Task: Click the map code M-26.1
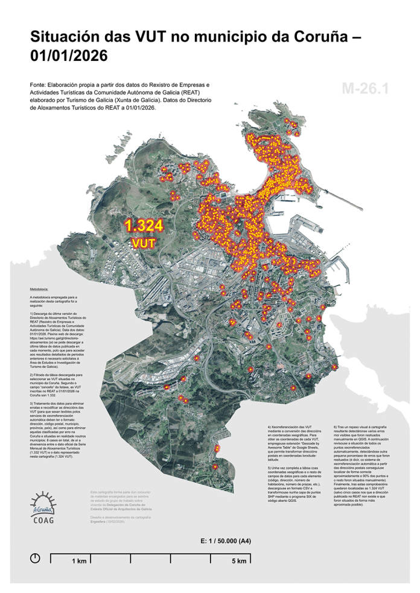[365, 88]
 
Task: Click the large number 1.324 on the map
[144, 226]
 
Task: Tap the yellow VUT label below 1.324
[144, 243]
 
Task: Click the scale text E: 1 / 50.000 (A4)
[226, 541]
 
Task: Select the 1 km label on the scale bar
[78, 562]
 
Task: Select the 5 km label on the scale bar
[240, 562]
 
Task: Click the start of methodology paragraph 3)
[31, 401]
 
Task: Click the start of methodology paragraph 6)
[336, 427]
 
